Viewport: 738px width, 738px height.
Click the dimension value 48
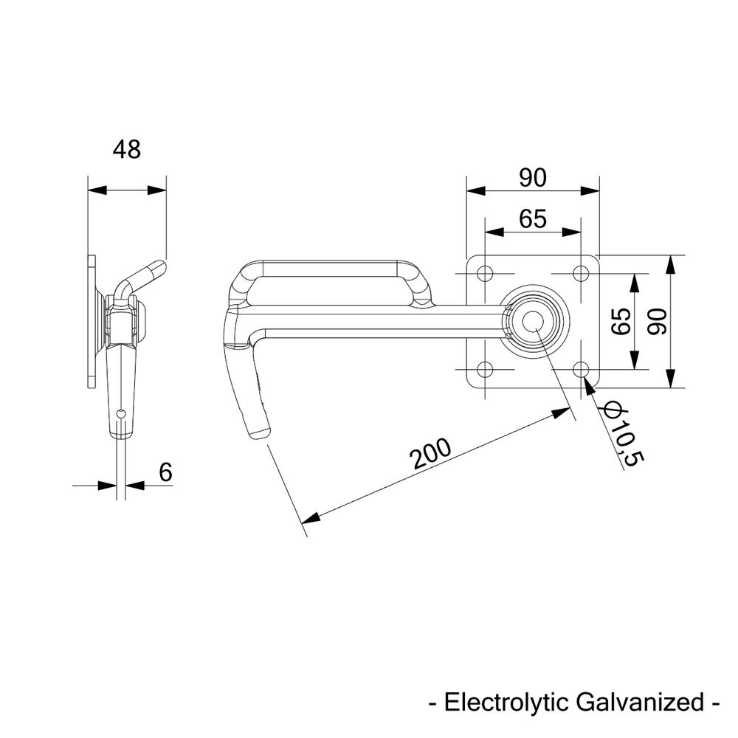[126, 150]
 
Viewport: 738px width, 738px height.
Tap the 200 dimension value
[432, 454]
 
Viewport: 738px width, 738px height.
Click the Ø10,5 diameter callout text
[624, 433]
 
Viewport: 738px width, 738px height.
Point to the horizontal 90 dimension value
[532, 178]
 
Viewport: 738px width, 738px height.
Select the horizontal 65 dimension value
[532, 219]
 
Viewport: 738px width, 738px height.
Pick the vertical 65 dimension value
[621, 322]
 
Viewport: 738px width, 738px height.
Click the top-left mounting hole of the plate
[484, 274]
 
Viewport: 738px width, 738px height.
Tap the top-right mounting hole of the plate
[581, 274]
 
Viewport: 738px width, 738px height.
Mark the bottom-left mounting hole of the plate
[484, 369]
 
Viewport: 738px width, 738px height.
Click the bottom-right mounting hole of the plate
[581, 369]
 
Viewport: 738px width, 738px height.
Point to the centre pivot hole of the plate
[533, 322]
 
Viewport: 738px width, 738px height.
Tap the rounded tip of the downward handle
[260, 431]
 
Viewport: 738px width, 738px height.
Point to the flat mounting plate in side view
[92, 322]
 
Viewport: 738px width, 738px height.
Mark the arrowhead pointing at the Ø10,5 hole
[589, 384]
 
